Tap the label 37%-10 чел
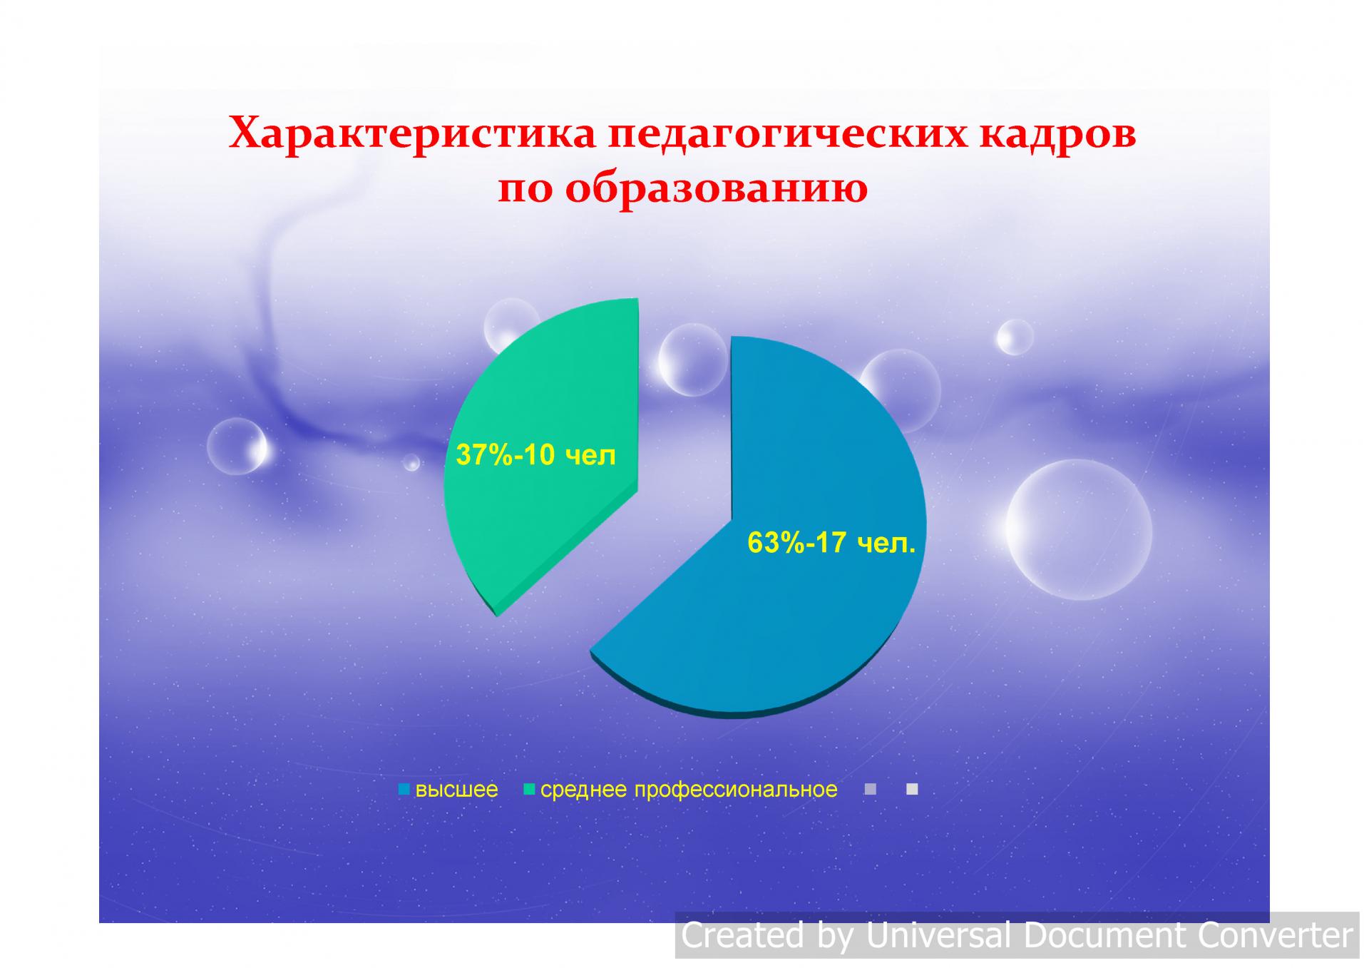[x=535, y=454]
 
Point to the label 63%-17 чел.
[x=831, y=543]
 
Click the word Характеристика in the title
[x=412, y=133]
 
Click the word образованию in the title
[x=716, y=188]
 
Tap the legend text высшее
[x=456, y=790]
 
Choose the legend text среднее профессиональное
[x=689, y=790]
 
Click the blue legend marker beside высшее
[x=404, y=790]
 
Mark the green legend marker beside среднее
[x=529, y=790]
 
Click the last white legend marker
[x=912, y=790]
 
